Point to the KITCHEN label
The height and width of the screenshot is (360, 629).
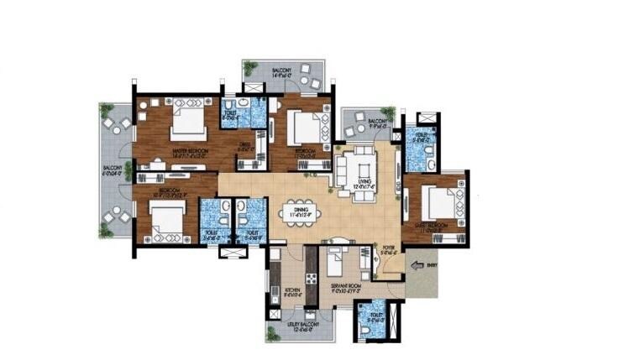292,292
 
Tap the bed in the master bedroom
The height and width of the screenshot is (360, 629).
188,123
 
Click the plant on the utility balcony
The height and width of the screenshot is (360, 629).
273,333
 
